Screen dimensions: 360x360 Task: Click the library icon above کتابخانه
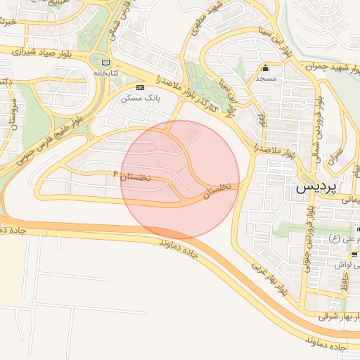pyautogui.click(x=106, y=62)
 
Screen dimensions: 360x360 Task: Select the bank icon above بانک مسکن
pyautogui.click(x=140, y=86)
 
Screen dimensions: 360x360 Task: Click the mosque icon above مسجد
pyautogui.click(x=266, y=69)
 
